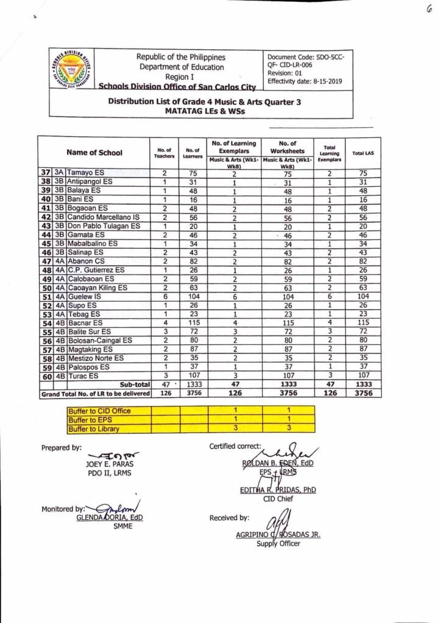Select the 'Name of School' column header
(x=94, y=152)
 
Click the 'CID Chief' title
(x=278, y=498)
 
